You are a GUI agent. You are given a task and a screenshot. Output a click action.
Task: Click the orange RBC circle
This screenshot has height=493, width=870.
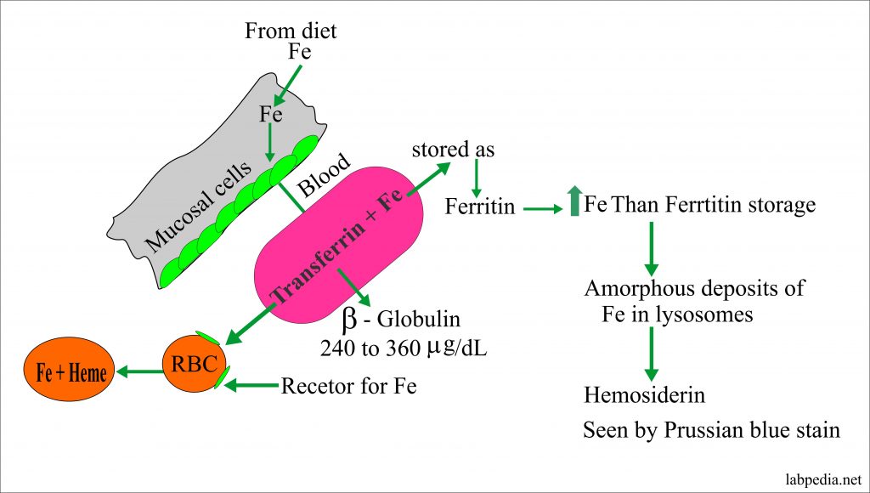click(x=190, y=365)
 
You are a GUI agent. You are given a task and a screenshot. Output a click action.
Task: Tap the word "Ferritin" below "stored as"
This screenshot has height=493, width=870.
click(x=479, y=207)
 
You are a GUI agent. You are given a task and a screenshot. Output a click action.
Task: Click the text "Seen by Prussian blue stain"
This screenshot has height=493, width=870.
click(x=711, y=431)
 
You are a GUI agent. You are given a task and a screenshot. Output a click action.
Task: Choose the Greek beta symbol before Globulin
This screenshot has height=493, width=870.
click(x=348, y=321)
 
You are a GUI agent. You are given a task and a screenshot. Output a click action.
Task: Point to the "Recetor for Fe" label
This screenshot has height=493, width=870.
click(x=348, y=387)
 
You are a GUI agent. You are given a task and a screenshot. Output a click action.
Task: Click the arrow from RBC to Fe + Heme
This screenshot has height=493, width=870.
click(x=138, y=371)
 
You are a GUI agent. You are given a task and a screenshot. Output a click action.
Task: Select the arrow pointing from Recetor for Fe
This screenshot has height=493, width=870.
click(x=250, y=386)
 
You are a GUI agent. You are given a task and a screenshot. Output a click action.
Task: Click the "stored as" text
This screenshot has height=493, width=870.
click(x=453, y=150)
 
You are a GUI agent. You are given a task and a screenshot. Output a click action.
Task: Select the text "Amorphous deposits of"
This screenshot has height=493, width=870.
click(x=694, y=287)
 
